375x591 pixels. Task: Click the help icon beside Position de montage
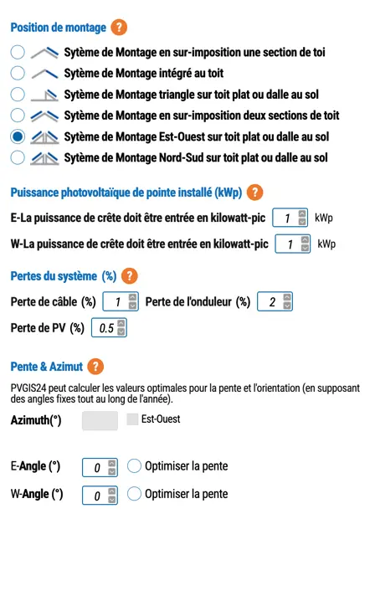click(120, 28)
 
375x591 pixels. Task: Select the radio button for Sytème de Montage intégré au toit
click(18, 73)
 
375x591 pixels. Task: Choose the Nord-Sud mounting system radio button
click(18, 157)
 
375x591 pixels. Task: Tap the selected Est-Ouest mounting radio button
click(18, 136)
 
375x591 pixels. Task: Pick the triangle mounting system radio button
click(18, 94)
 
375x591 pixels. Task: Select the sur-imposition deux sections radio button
click(18, 115)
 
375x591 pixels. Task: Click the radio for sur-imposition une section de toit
click(18, 52)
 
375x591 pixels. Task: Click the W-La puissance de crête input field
click(286, 244)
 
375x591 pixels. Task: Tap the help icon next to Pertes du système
click(130, 276)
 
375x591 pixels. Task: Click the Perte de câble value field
click(117, 301)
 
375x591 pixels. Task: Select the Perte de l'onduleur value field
click(270, 301)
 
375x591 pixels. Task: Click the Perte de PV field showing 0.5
click(105, 327)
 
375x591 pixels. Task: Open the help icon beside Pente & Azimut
click(95, 366)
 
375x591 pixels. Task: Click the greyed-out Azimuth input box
click(100, 420)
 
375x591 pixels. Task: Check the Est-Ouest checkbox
click(132, 419)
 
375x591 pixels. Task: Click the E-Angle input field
click(95, 467)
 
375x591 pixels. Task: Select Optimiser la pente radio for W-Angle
click(134, 494)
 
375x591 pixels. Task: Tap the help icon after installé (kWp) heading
click(255, 193)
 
